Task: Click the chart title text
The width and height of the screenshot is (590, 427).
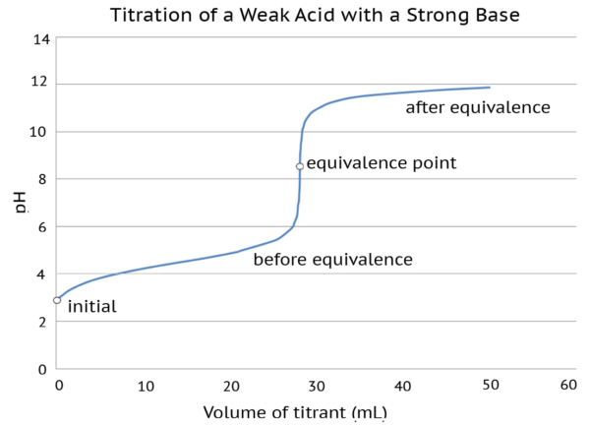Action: pos(315,16)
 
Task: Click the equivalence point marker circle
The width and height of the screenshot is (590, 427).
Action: pos(299,166)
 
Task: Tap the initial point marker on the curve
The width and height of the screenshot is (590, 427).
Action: pos(57,300)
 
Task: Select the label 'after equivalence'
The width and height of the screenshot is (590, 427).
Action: pos(478,107)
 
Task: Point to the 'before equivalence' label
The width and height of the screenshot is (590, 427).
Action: pos(332,260)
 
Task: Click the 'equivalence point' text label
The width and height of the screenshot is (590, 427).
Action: pos(382,163)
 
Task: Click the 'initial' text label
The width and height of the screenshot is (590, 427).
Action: pos(92,307)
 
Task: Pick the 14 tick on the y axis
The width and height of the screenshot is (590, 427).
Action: pos(40,40)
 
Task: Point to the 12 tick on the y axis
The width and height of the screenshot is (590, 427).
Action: pos(40,84)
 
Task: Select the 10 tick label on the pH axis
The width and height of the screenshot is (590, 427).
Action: pos(40,132)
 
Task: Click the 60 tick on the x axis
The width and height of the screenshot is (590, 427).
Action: pos(567,386)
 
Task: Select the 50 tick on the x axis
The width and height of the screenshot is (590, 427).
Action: pos(482,386)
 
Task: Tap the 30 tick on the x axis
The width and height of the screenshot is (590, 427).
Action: pos(313,386)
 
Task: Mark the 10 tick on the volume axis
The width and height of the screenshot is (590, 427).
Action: pos(145,386)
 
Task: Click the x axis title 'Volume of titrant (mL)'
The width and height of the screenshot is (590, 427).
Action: pos(295,412)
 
